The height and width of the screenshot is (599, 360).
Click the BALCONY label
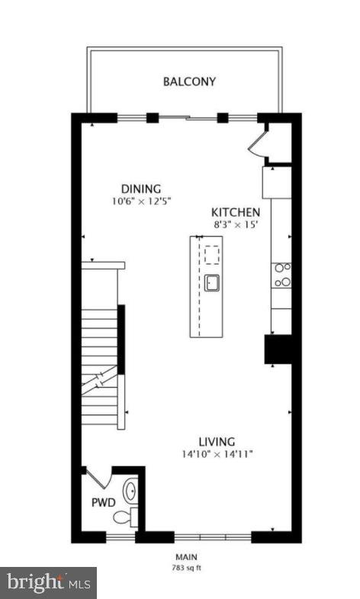[188, 82]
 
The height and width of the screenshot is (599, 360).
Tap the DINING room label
[141, 189]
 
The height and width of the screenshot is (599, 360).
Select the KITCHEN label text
[236, 212]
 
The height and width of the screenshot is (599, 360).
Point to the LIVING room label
[217, 441]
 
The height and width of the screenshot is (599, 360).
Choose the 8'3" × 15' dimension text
[236, 225]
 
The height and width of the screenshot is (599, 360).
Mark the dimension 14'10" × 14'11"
[216, 454]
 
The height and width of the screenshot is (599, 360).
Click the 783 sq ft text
[187, 568]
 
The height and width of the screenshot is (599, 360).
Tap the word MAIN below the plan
[187, 558]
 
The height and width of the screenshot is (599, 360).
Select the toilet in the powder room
[124, 518]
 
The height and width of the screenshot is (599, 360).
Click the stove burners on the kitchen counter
[281, 275]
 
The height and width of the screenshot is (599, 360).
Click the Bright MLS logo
[48, 583]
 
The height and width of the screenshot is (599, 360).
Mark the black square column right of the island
[278, 349]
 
